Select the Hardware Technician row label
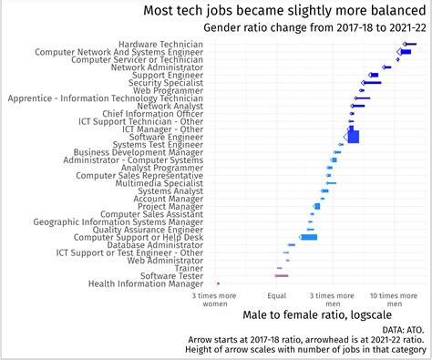[160, 44]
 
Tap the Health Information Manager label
[146, 283]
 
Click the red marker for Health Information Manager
[218, 283]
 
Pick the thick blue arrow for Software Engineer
[353, 137]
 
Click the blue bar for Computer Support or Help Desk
[309, 237]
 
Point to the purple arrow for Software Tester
[282, 275]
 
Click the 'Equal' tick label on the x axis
[277, 296]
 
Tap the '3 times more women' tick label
[215, 300]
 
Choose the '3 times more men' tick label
[333, 300]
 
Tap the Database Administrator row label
[155, 244]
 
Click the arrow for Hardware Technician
[410, 44]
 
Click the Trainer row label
[189, 268]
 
